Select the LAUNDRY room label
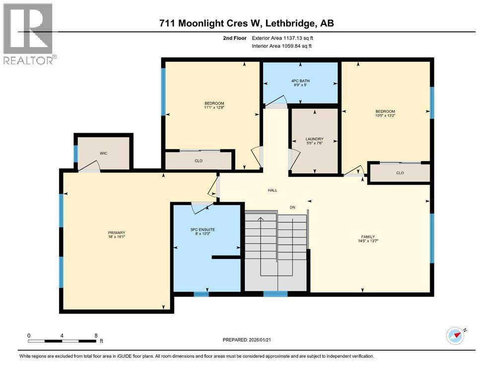tap(314, 139)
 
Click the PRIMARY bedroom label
tap(117, 233)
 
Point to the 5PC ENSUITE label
tap(202, 229)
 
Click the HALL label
tap(273, 190)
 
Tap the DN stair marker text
tap(293, 207)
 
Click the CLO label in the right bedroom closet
tap(400, 173)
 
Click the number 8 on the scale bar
tap(96, 335)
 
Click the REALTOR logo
tap(28, 34)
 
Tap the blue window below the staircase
tap(275, 294)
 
